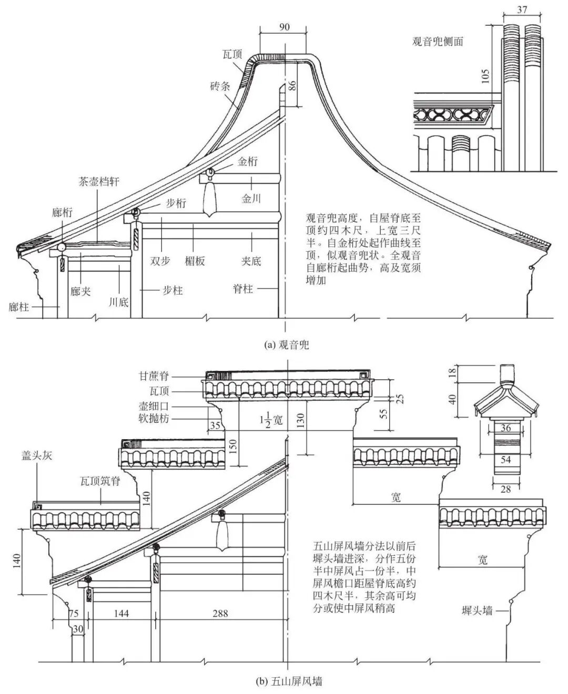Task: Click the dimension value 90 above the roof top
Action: tap(284, 27)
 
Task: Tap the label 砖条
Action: tap(219, 86)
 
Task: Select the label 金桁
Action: tap(247, 162)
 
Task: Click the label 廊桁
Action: tap(62, 212)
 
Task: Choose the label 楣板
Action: tap(195, 261)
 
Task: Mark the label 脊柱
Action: tap(243, 288)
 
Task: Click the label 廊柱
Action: tap(19, 307)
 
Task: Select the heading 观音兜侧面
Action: tap(438, 42)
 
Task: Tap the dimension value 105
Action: tap(485, 79)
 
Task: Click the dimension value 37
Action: tap(522, 9)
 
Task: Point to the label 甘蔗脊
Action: tap(154, 376)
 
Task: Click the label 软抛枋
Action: tap(154, 419)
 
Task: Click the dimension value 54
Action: tap(505, 460)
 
